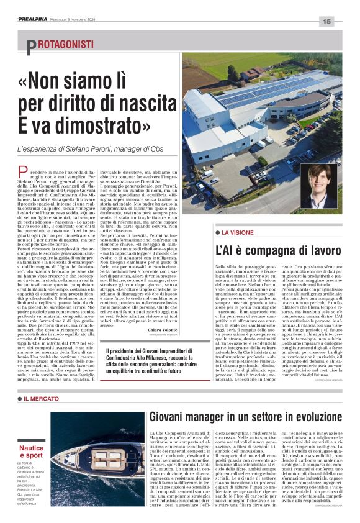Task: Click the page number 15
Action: pos(327,21)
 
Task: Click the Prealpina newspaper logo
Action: pos(35,19)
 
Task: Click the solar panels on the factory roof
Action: pos(273,90)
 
